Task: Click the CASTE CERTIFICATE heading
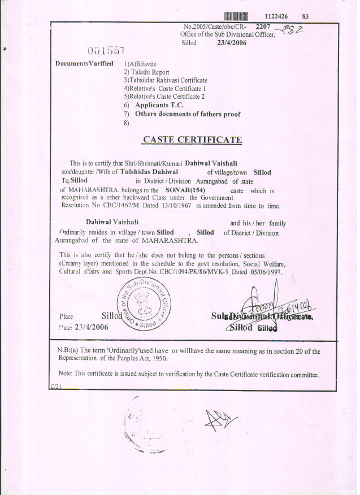[x=192, y=140]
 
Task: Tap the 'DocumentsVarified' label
[x=84, y=63]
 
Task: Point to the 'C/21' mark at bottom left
[x=55, y=385]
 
